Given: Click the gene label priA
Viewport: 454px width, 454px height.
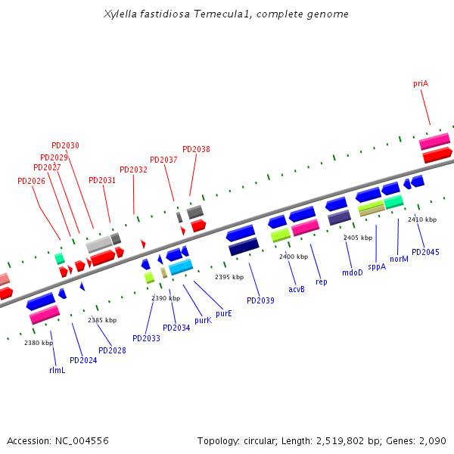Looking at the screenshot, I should click(421, 83).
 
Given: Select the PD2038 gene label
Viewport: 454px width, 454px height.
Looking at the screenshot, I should click(196, 149).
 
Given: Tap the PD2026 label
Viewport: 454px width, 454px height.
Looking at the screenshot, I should click(31, 181).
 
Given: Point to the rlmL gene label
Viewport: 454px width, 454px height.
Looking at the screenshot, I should click(57, 370).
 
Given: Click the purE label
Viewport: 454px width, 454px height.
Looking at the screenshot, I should click(223, 313).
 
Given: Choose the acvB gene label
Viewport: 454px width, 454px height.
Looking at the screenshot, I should click(297, 289).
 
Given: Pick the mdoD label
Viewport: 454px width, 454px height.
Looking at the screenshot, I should click(353, 272).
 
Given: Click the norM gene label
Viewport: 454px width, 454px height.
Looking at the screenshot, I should click(399, 259).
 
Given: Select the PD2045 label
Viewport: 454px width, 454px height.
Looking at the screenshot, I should click(425, 252).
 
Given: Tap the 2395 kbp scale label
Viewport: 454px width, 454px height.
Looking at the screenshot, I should click(229, 277).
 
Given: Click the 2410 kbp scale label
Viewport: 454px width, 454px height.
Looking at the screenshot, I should click(422, 219).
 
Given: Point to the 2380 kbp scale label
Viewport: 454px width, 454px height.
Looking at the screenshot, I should click(39, 343).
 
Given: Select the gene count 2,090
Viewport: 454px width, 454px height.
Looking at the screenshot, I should click(432, 440).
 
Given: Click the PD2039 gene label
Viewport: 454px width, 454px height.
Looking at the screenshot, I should click(260, 300).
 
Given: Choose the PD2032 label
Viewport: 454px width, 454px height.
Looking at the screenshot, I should click(133, 169).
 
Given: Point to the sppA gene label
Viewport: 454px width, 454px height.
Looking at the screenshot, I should click(377, 266).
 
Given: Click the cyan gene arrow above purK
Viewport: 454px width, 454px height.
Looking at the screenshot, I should click(181, 267).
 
